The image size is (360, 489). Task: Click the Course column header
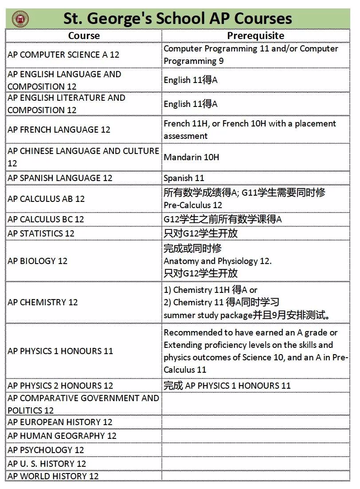pyautogui.click(x=84, y=36)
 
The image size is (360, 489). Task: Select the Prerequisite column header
pyautogui.click(x=255, y=36)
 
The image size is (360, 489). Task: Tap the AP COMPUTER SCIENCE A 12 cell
pyautogui.click(x=63, y=55)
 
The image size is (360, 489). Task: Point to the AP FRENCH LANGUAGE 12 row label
pyautogui.click(x=59, y=130)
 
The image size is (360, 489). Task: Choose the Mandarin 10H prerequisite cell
pyautogui.click(x=192, y=157)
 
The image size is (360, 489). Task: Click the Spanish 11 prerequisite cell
pyautogui.click(x=184, y=178)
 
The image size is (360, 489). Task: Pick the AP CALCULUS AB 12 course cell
pyautogui.click(x=46, y=199)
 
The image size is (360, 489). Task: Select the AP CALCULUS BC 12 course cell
pyautogui.click(x=46, y=219)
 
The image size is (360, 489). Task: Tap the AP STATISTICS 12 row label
pyautogui.click(x=41, y=233)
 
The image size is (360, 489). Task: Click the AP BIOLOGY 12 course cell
pyautogui.click(x=38, y=261)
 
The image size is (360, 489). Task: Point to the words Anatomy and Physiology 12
pyautogui.click(x=217, y=261)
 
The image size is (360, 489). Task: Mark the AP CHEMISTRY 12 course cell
pyautogui.click(x=43, y=302)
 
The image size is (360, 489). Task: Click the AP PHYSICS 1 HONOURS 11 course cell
pyautogui.click(x=60, y=351)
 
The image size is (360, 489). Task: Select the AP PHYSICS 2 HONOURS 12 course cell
pyautogui.click(x=60, y=386)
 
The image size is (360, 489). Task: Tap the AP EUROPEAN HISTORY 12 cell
pyautogui.click(x=60, y=422)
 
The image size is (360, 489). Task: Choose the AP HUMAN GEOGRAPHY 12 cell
pyautogui.click(x=62, y=436)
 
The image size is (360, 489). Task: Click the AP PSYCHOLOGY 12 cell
pyautogui.click(x=46, y=450)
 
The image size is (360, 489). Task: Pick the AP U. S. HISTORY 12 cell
pyautogui.click(x=47, y=464)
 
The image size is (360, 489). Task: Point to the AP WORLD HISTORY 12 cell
pyautogui.click(x=53, y=476)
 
